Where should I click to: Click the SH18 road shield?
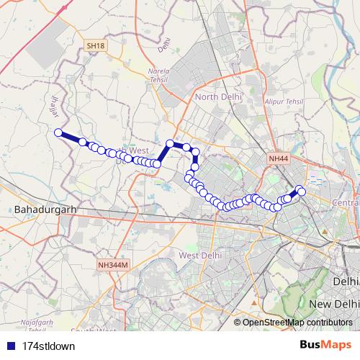pos(95,46)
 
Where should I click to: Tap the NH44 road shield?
pos(277,158)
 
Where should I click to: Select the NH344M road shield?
pos(112,266)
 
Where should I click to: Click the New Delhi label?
pos(333,305)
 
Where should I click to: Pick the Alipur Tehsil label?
pos(284,104)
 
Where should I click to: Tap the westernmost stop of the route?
pos(58,132)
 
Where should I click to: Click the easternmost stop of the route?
pos(301,190)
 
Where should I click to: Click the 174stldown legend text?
pos(49,345)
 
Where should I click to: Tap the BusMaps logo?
pos(330,344)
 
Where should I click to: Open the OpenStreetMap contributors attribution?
pos(297,322)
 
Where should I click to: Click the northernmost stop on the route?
pos(171,143)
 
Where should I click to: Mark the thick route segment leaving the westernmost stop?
pos(71,137)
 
